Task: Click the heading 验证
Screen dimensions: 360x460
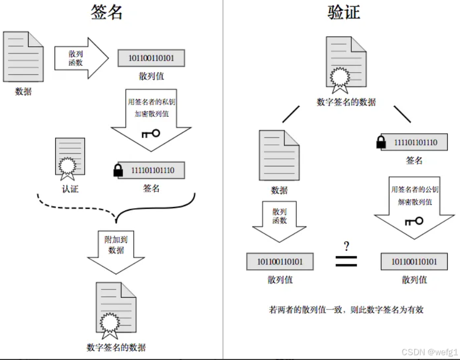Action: (x=343, y=12)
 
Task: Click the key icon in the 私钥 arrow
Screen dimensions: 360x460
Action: (x=151, y=133)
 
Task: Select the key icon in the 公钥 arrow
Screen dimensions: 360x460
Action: (x=414, y=220)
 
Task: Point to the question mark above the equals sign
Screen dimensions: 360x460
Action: (x=346, y=246)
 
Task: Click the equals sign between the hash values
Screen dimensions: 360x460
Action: (x=346, y=261)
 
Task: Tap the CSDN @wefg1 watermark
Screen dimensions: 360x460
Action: (x=429, y=352)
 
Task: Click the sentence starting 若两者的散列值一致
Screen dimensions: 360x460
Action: (x=346, y=310)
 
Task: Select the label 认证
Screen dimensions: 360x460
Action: (x=70, y=188)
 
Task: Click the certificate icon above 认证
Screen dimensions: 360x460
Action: (x=70, y=157)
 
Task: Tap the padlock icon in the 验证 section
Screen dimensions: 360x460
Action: (x=380, y=142)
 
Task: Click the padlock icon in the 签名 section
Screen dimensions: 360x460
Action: (x=118, y=170)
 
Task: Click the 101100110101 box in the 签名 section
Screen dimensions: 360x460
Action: (x=151, y=58)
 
